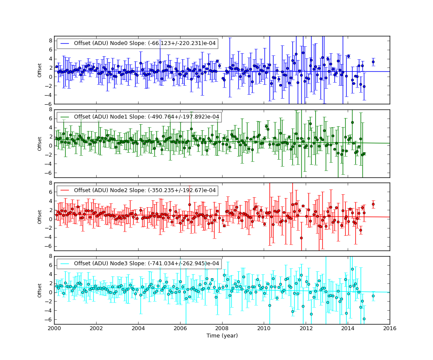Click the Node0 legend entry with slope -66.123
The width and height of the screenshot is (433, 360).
pyautogui.click(x=137, y=43)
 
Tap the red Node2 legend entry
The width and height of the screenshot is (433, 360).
pyautogui.click(x=137, y=190)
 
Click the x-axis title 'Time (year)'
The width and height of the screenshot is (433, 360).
pyautogui.click(x=222, y=336)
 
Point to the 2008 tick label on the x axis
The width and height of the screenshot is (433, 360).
pyautogui.click(x=222, y=328)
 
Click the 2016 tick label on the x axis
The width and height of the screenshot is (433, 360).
pyautogui.click(x=390, y=328)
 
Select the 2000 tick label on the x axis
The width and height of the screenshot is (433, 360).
pyautogui.click(x=54, y=328)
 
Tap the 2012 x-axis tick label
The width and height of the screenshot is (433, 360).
pyautogui.click(x=306, y=328)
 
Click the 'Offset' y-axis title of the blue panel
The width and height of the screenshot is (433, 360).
pyautogui.click(x=40, y=70)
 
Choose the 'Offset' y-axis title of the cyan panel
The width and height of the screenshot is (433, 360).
pyautogui.click(x=40, y=290)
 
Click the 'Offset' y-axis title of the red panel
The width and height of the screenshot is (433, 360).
pyautogui.click(x=40, y=217)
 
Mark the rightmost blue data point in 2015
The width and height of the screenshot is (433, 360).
pyautogui.click(x=373, y=62)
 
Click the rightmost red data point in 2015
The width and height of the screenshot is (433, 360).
pyautogui.click(x=373, y=204)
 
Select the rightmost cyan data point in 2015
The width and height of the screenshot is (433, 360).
pyautogui.click(x=373, y=296)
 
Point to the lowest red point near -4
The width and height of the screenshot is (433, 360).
pyautogui.click(x=301, y=238)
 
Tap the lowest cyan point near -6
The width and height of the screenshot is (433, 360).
pyautogui.click(x=364, y=319)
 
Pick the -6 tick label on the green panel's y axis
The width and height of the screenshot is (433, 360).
pyautogui.click(x=49, y=173)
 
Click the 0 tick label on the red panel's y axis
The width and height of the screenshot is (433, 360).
pyautogui.click(x=50, y=219)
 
